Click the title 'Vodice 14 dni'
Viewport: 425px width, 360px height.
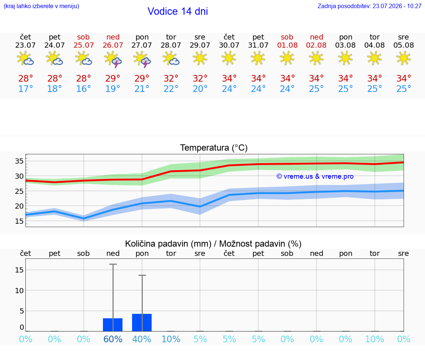click(177, 11)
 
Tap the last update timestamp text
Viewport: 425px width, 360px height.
click(369, 6)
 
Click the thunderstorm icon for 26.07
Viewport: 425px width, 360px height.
click(113, 59)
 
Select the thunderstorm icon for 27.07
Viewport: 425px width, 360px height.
click(142, 59)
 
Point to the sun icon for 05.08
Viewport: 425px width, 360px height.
click(404, 58)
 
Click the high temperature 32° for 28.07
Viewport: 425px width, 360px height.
click(171, 78)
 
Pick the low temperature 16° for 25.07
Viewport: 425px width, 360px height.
click(83, 89)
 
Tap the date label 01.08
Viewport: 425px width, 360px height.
click(287, 45)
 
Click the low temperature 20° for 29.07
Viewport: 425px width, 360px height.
click(200, 89)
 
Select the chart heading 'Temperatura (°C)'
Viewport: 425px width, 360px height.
click(214, 148)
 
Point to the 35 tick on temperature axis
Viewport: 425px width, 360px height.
click(19, 161)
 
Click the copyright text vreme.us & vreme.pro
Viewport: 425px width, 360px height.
click(315, 176)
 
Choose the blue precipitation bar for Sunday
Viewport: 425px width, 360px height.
click(113, 325)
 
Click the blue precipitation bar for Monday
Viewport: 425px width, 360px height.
click(142, 323)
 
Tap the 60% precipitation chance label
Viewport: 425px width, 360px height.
click(113, 339)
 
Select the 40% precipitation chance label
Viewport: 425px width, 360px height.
click(142, 339)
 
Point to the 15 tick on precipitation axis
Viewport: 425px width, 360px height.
click(19, 270)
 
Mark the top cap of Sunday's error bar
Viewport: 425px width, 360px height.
click(113, 264)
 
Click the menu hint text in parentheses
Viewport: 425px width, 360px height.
click(41, 6)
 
